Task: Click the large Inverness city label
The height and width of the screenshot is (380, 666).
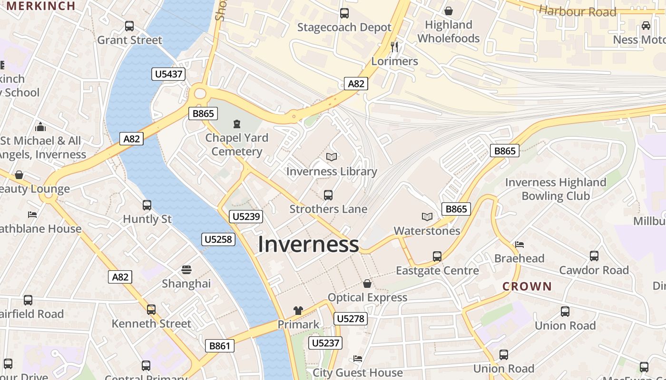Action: click(308, 245)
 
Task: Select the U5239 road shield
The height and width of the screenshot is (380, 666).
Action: click(245, 217)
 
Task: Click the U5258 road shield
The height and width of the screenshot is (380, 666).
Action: click(218, 239)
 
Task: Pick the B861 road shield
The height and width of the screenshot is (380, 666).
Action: click(220, 346)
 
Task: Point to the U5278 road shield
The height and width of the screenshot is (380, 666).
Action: click(351, 319)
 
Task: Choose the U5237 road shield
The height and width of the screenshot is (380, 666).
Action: click(325, 343)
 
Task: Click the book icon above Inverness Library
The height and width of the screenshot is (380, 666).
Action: click(332, 157)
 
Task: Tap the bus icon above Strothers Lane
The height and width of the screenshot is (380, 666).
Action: click(328, 195)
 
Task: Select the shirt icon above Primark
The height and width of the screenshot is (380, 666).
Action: click(298, 311)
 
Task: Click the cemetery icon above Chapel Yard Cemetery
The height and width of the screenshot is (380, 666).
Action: click(236, 124)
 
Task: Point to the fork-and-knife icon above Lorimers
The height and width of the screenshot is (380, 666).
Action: click(394, 47)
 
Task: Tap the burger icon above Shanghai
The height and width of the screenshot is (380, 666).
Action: click(186, 270)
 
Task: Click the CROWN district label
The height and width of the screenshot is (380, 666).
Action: click(527, 286)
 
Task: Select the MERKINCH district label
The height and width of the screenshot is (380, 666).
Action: click(41, 6)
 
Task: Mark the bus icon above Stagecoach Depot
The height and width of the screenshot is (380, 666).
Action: click(344, 13)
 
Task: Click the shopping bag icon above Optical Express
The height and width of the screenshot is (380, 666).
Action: click(367, 284)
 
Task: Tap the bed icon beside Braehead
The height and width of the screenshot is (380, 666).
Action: click(519, 245)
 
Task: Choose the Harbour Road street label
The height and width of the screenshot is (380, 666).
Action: click(578, 11)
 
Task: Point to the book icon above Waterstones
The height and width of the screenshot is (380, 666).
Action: click(427, 217)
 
